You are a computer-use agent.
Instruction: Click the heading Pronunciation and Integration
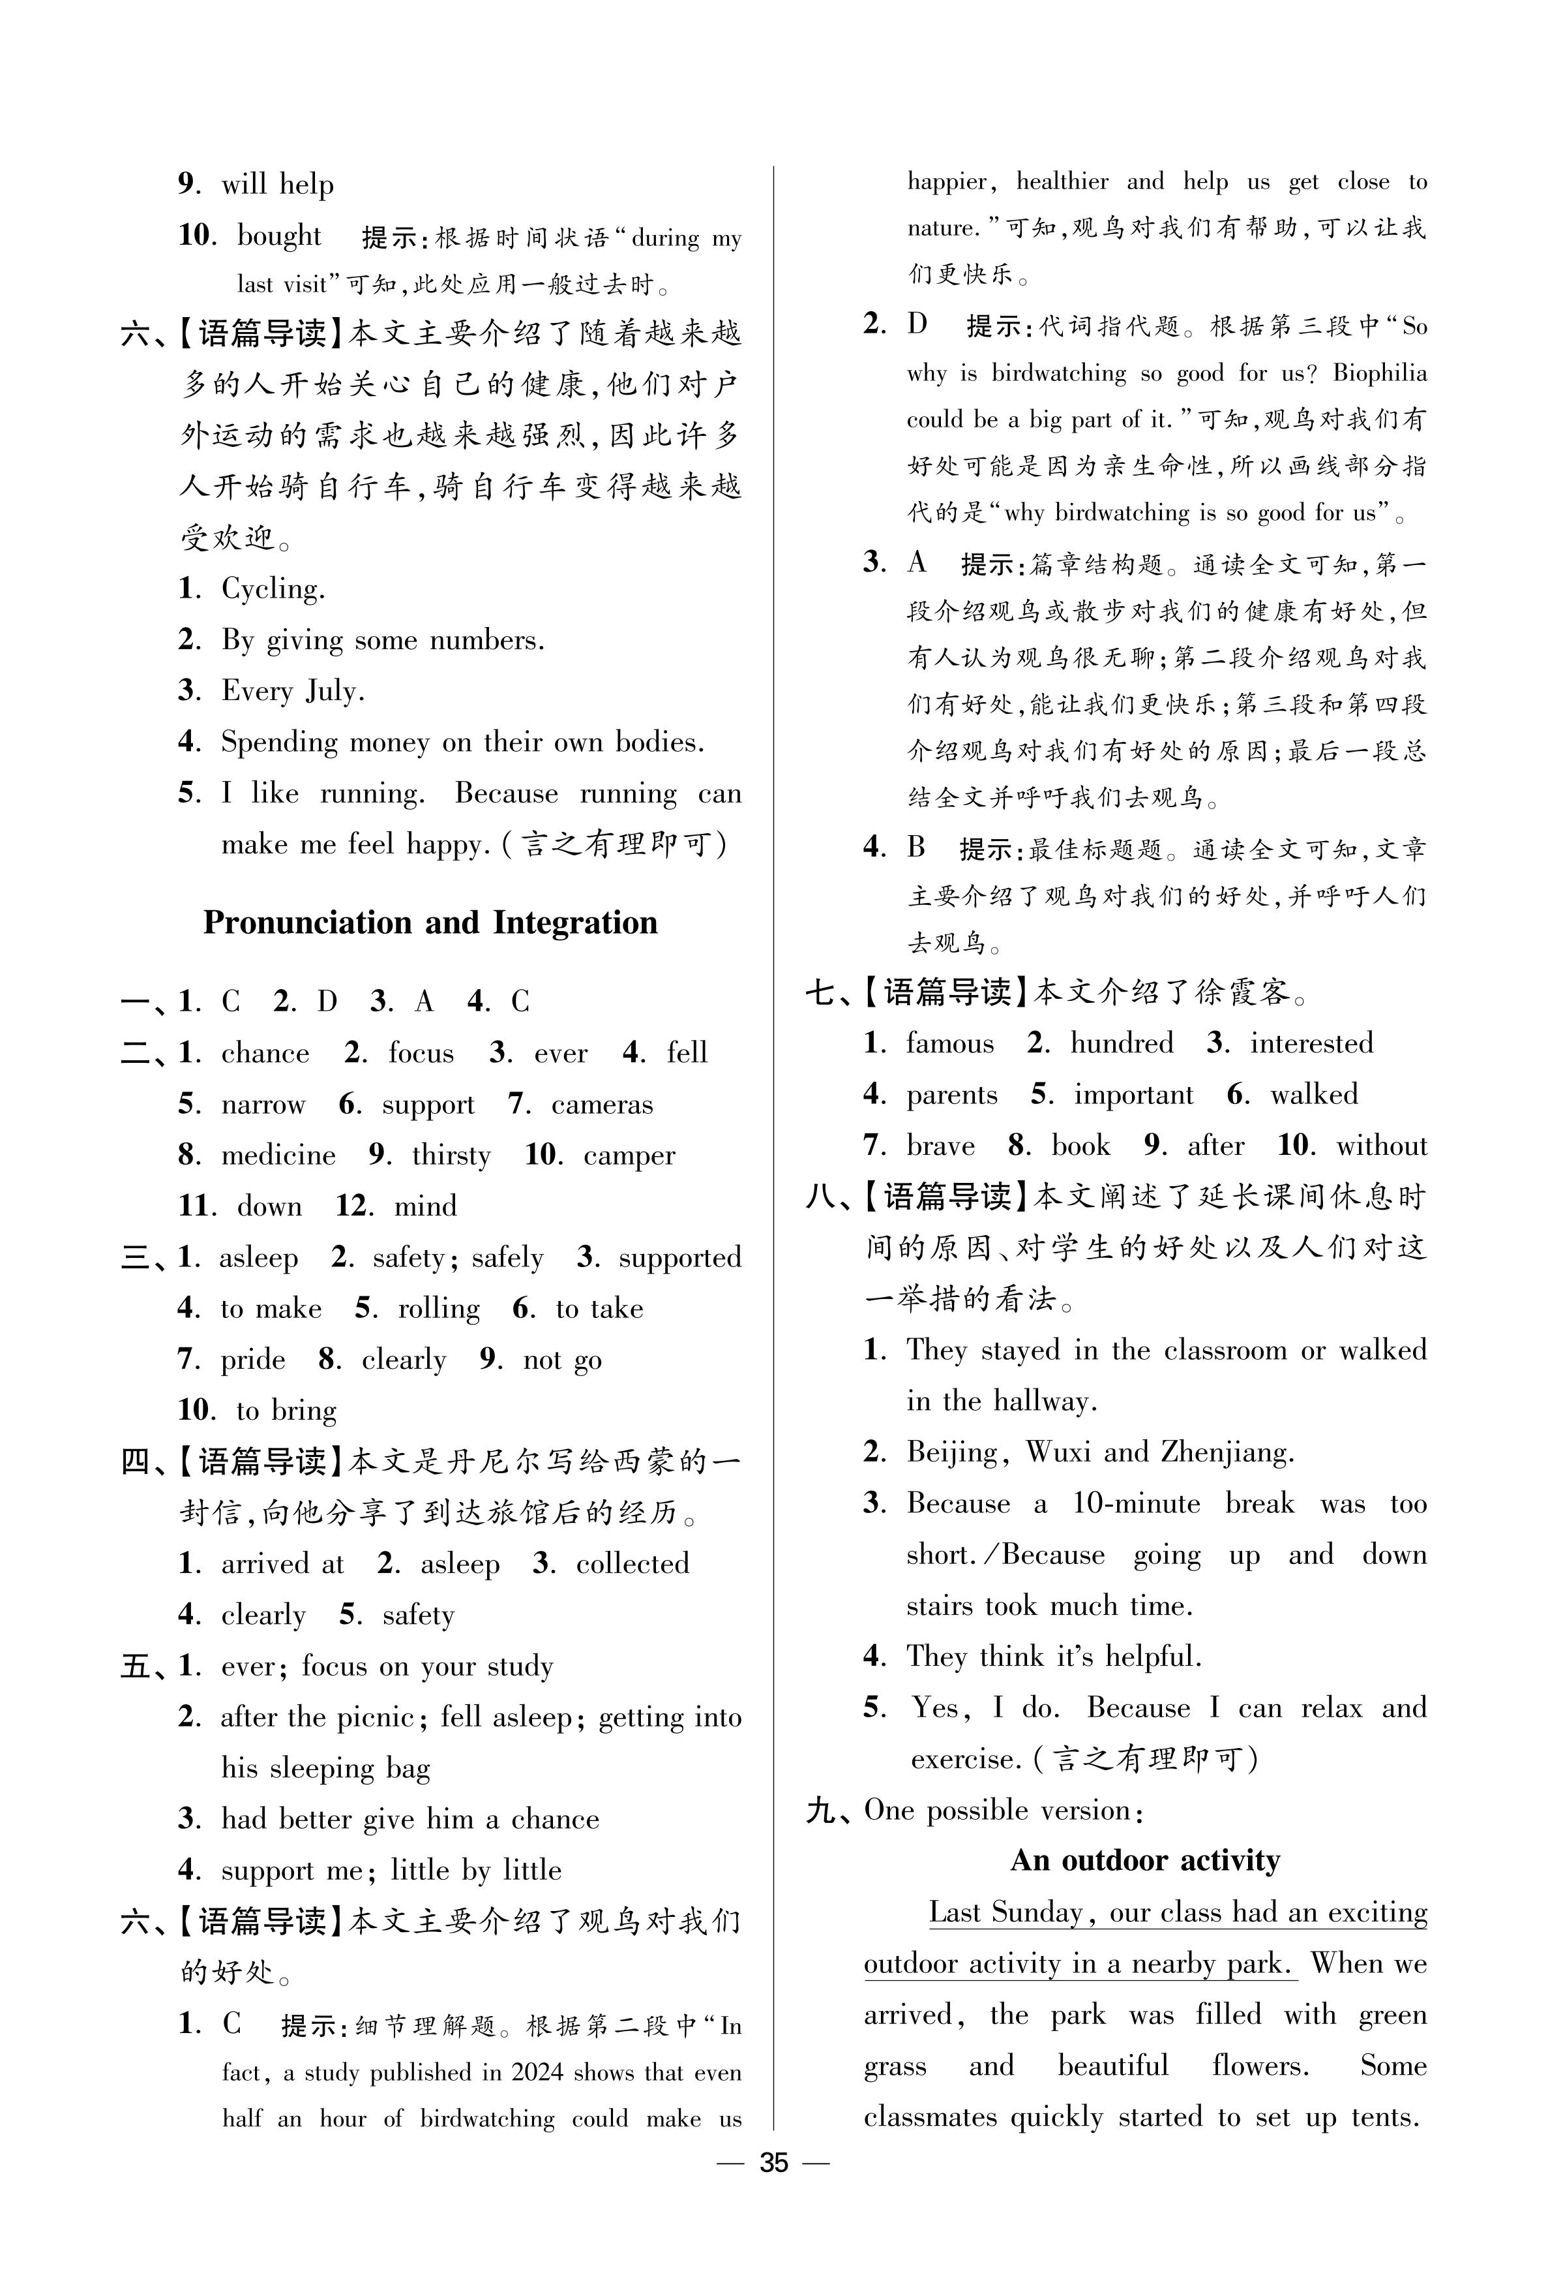(x=430, y=923)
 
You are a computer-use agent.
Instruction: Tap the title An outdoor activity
(x=1145, y=1861)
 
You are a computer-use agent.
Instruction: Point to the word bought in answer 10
(x=278, y=236)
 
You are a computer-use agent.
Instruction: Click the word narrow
(x=263, y=1103)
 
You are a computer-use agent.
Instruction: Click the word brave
(x=940, y=1146)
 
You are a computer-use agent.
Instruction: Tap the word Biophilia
(x=1379, y=373)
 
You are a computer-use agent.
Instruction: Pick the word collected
(x=632, y=1563)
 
